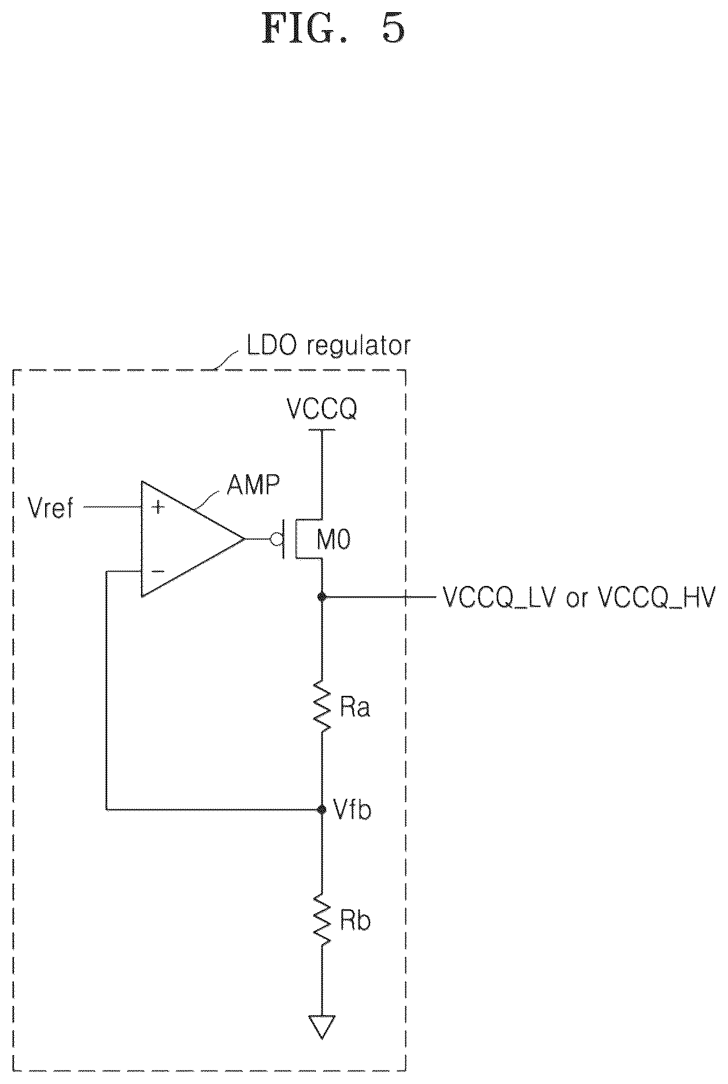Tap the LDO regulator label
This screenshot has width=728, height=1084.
[328, 345]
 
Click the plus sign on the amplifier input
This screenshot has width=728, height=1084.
[157, 508]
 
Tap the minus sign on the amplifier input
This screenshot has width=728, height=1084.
[157, 572]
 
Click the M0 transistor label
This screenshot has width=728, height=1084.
[334, 540]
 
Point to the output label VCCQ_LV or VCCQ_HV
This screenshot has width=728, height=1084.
[579, 598]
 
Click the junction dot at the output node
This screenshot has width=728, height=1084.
[322, 596]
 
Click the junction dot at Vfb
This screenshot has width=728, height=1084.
[322, 809]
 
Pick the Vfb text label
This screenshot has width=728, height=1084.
[353, 810]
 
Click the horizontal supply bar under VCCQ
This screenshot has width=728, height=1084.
[322, 430]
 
